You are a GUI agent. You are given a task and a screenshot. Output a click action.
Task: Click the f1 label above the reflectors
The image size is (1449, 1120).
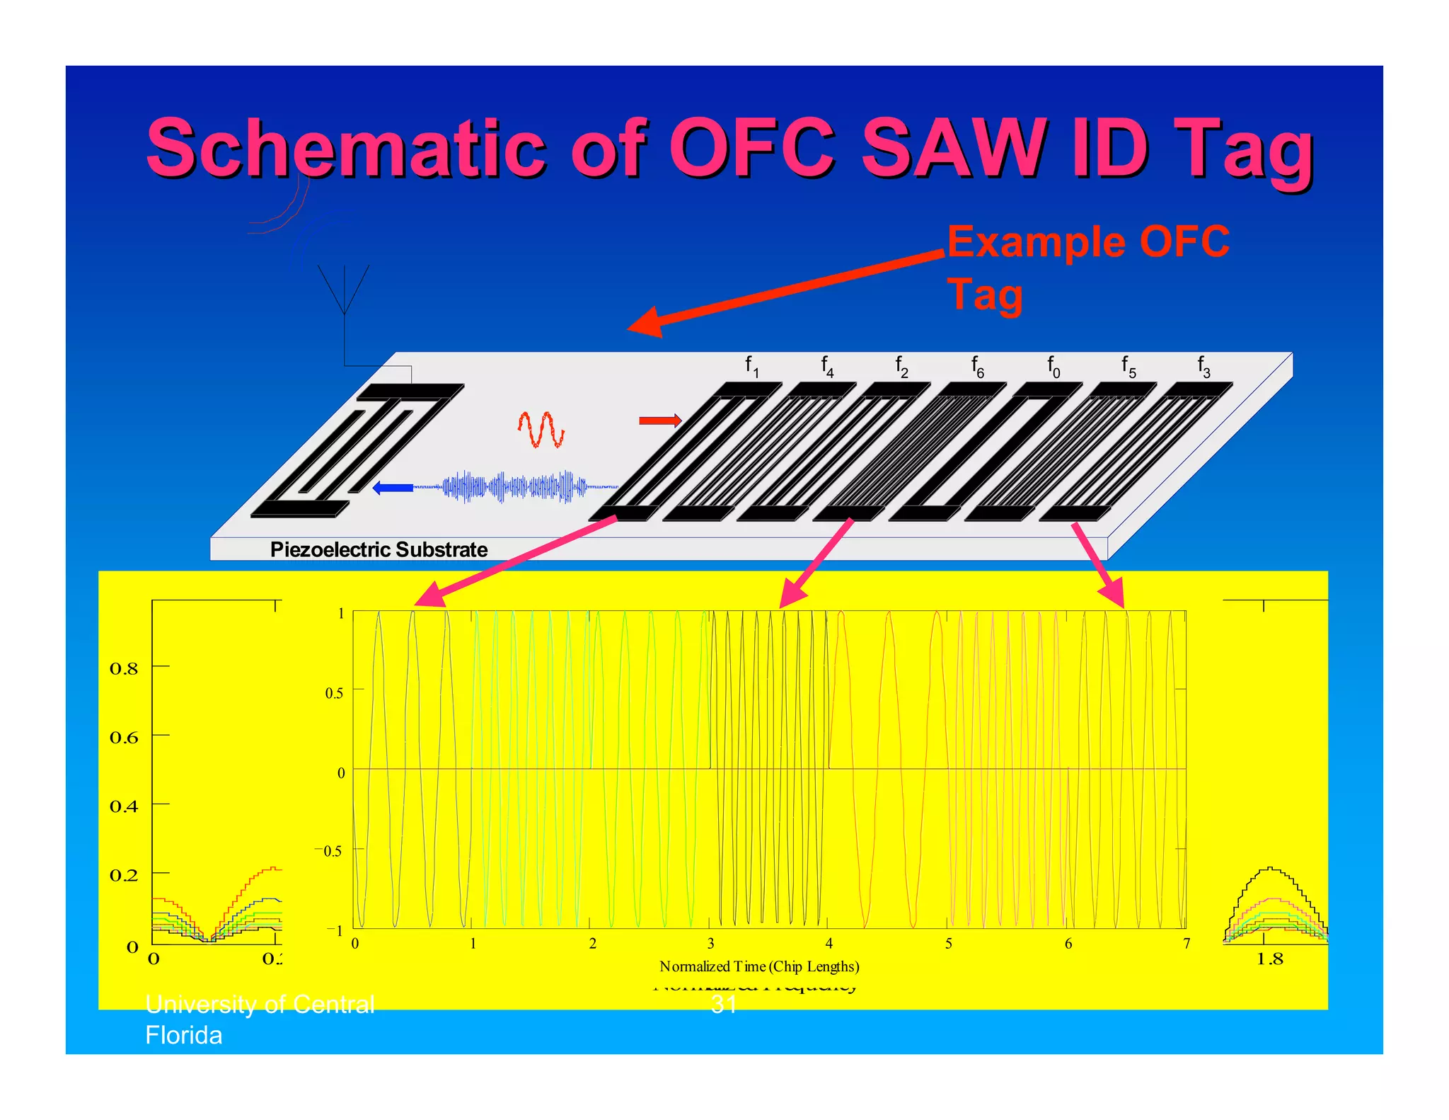point(751,367)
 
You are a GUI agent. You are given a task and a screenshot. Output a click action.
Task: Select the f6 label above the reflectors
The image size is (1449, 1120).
point(978,367)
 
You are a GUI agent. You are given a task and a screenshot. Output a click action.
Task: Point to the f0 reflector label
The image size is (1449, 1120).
point(1053,367)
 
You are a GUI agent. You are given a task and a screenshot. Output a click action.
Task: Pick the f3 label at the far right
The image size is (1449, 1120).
point(1203,367)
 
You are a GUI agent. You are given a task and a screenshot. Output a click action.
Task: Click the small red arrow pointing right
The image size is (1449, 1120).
point(660,421)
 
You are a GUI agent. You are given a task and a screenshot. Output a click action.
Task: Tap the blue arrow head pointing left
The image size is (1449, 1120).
point(382,487)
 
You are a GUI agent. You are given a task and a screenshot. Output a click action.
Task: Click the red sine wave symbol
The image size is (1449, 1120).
point(541,429)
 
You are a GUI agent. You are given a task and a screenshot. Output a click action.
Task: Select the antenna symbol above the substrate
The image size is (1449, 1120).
point(344,290)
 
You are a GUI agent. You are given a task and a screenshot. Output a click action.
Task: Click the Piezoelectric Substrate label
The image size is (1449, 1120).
point(379,549)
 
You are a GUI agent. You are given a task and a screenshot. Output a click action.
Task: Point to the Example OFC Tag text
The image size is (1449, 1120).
point(1088,268)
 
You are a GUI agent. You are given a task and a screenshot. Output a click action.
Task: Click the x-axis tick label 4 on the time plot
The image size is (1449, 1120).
point(829,944)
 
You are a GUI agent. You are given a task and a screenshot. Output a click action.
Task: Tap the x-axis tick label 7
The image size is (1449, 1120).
point(1187,944)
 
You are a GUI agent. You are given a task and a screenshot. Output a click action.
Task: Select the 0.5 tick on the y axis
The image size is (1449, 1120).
point(334,693)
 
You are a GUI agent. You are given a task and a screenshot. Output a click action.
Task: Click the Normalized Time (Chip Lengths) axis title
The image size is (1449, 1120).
point(759,966)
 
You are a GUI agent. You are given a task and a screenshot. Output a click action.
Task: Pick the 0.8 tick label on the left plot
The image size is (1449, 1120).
point(124,669)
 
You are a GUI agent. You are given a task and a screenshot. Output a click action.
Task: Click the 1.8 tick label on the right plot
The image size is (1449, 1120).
point(1269,959)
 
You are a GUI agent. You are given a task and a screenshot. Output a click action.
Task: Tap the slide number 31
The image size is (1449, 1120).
point(724,1004)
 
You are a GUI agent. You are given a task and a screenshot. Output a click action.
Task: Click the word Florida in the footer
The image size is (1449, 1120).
point(184,1035)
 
